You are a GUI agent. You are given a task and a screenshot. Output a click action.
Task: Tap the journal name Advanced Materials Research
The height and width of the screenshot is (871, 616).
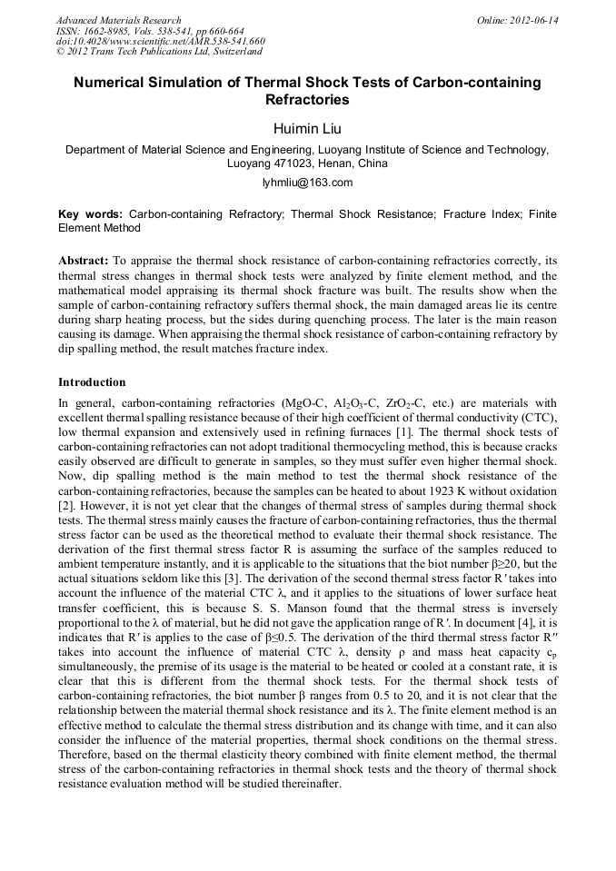(118, 20)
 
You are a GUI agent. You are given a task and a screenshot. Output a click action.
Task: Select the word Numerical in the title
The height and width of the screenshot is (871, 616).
(114, 83)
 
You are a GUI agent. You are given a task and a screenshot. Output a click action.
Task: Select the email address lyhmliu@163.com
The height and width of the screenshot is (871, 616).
(307, 183)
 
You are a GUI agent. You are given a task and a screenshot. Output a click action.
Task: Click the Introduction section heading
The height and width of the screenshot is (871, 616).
(92, 382)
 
